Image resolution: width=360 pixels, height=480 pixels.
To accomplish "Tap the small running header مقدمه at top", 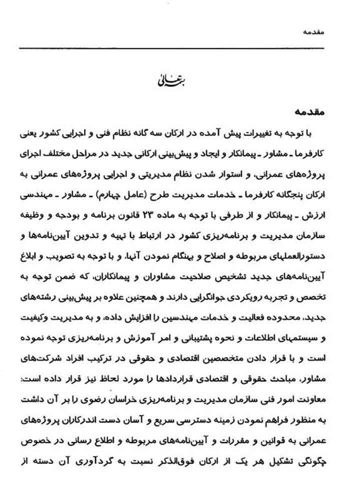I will coord(325,31).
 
